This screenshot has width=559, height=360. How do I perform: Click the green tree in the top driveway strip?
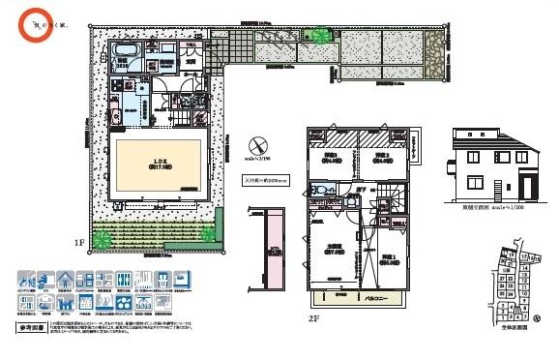pyautogui.click(x=317, y=36)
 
